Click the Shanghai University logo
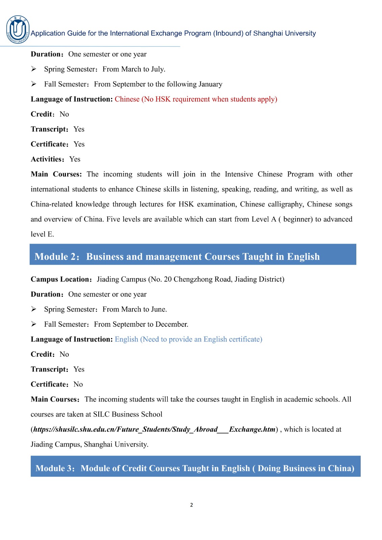pyautogui.click(x=18, y=30)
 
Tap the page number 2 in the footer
pyautogui.click(x=192, y=505)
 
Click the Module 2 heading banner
pyautogui.click(x=193, y=256)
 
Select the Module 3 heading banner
pyautogui.click(x=195, y=468)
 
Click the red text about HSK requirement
pyautogui.click(x=196, y=99)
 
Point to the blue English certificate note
pyautogui.click(x=188, y=339)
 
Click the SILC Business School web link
pyautogui.click(x=154, y=429)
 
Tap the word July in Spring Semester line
pyautogui.click(x=157, y=69)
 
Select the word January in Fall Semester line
pyautogui.click(x=210, y=84)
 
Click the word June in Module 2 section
pyautogui.click(x=159, y=309)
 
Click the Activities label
pyautogui.click(x=47, y=159)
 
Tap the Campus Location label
pyautogui.click(x=60, y=279)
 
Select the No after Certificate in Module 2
pyautogui.click(x=78, y=384)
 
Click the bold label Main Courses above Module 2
pyautogui.click(x=56, y=174)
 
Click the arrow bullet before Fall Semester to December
pyautogui.click(x=34, y=324)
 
